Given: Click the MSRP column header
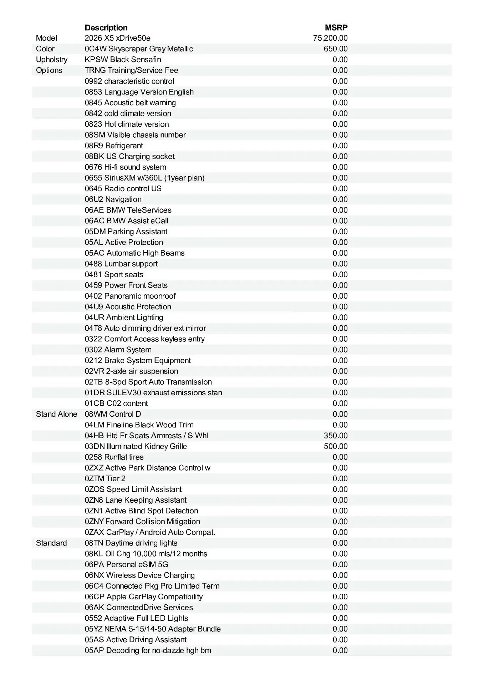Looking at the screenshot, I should (x=336, y=27).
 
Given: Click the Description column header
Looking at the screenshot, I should (x=106, y=27).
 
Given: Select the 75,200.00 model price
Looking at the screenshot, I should (x=330, y=38).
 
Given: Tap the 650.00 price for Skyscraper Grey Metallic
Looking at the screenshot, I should (x=336, y=49).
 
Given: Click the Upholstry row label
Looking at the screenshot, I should (x=51, y=60).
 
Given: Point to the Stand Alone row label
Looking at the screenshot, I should (x=56, y=414).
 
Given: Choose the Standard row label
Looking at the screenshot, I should (x=51, y=543).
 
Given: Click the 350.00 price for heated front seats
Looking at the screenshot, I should (x=336, y=436).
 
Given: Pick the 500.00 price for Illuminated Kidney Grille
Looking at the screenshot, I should (x=336, y=446).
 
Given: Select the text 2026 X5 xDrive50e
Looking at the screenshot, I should (x=117, y=38).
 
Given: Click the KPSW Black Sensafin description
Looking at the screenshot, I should (x=123, y=60).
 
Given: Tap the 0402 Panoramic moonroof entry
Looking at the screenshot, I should (x=130, y=296).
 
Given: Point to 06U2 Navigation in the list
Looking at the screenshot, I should (x=113, y=199).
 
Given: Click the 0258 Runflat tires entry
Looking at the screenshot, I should (x=114, y=457).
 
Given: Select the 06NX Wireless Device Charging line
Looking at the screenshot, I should (x=140, y=575).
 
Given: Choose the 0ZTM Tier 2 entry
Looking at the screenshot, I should (x=105, y=478).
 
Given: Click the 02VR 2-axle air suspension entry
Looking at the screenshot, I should (x=131, y=371).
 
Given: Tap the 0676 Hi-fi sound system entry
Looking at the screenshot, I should (x=125, y=167).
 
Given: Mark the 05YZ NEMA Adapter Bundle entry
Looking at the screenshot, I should (x=153, y=629).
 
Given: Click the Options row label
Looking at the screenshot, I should (x=49, y=70).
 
